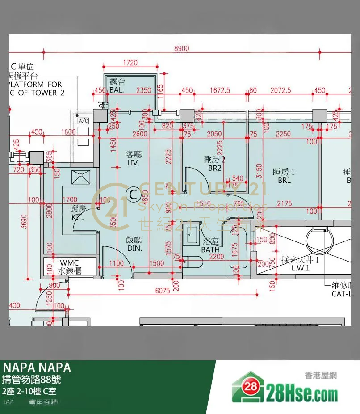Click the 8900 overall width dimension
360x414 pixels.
[181, 49]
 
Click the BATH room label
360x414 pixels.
[210, 249]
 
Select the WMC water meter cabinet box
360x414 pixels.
[70, 266]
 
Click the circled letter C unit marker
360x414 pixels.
[132, 194]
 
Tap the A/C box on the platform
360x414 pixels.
[83, 121]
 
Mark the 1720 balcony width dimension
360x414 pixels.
[130, 63]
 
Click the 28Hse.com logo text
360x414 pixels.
[301, 395]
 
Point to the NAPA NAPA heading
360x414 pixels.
[37, 368]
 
